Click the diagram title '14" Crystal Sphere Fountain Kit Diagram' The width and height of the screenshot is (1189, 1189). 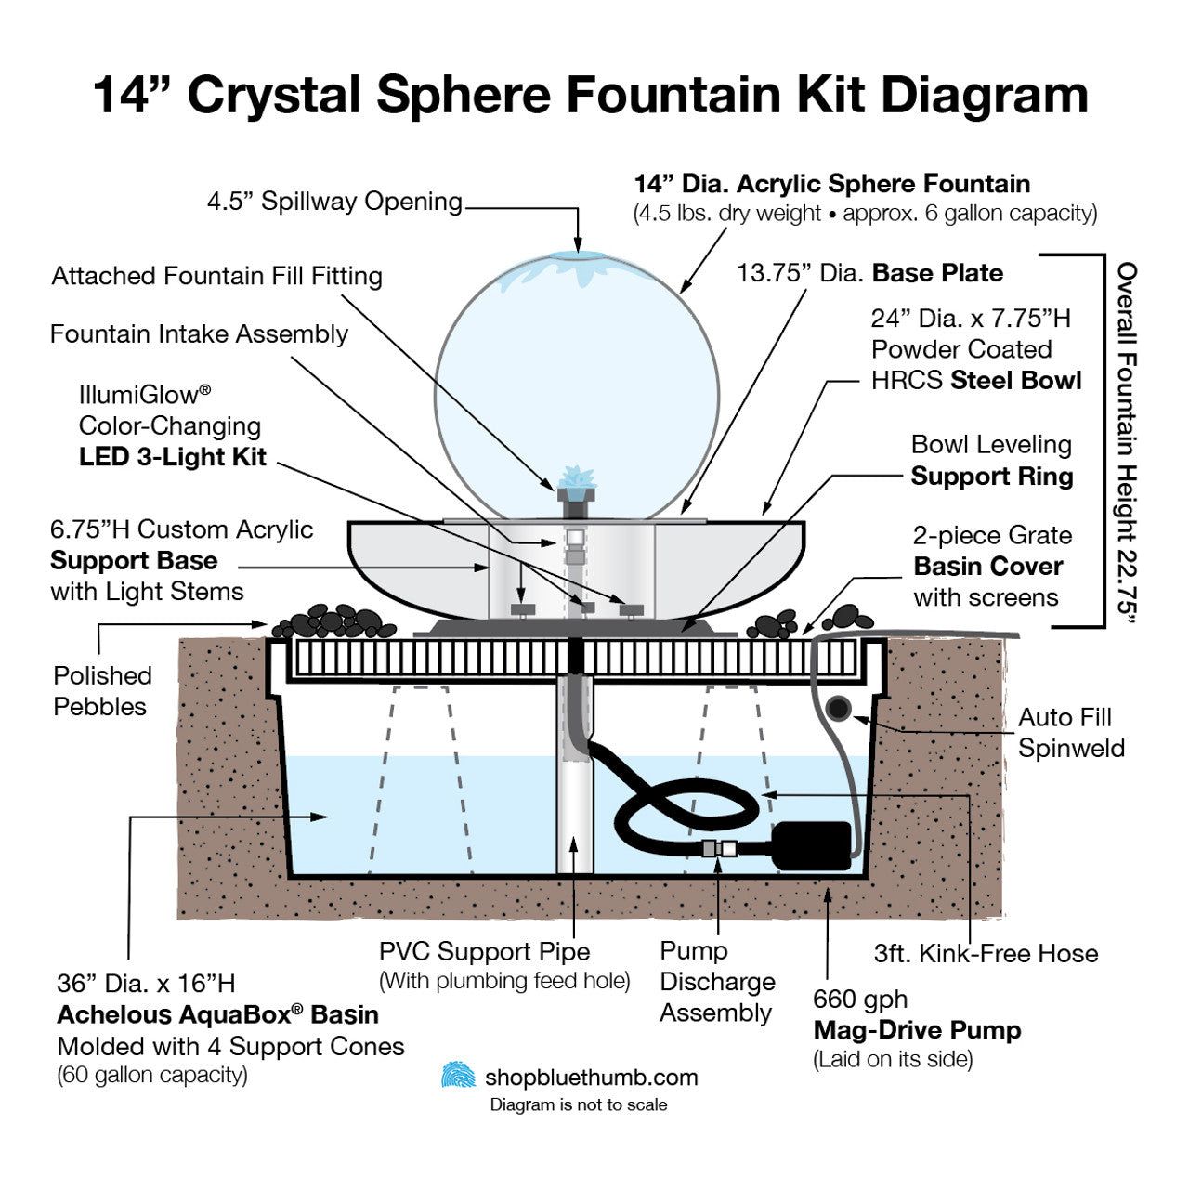click(591, 95)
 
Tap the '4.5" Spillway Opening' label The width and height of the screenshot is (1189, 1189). click(334, 202)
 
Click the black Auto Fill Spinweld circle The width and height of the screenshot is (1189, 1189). click(839, 710)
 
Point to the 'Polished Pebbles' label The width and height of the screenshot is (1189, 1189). click(102, 691)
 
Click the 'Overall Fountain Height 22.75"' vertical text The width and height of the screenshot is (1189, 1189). click(1127, 441)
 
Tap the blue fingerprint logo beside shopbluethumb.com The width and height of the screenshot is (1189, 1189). click(458, 1076)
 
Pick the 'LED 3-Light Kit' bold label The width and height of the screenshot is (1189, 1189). click(173, 457)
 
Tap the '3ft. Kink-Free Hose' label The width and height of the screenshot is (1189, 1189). click(986, 953)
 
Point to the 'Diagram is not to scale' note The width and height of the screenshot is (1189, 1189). click(579, 1104)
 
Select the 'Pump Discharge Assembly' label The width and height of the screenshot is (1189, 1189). click(717, 982)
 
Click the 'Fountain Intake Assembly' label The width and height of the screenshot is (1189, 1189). click(199, 334)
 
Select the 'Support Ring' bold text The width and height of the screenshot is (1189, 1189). click(991, 477)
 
